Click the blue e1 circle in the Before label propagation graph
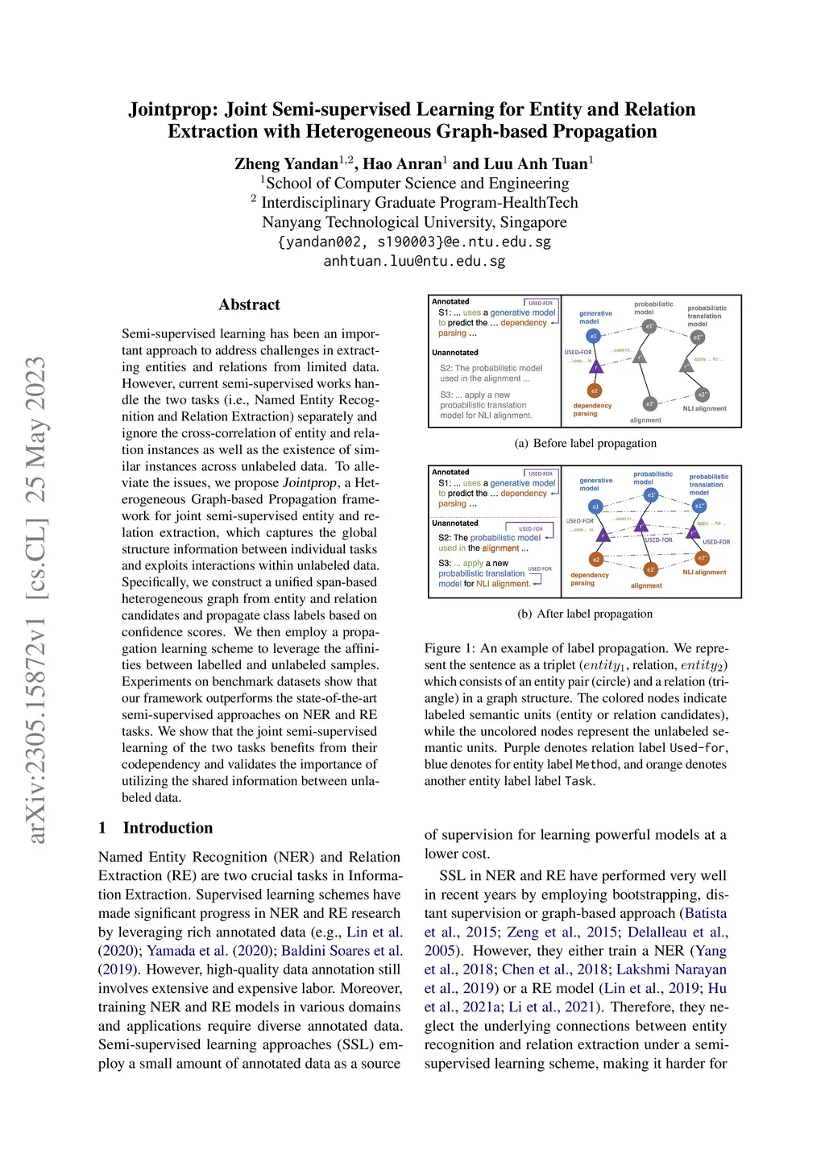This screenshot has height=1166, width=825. tap(593, 336)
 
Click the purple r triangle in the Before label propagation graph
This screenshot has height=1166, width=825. tap(596, 367)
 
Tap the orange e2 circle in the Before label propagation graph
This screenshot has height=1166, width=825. tap(594, 391)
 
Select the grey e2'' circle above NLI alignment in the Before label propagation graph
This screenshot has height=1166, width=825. tap(703, 395)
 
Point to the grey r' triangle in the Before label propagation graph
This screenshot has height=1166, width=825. tap(639, 356)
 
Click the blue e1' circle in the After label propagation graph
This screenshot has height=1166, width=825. tap(651, 494)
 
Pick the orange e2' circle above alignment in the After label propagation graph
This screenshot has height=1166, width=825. tap(650, 569)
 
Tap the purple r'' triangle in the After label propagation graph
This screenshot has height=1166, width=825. tap(694, 532)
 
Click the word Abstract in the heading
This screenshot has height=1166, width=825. tap(249, 304)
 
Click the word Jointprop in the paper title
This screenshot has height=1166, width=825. tap(172, 110)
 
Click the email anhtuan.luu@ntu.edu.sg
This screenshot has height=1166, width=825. tap(414, 261)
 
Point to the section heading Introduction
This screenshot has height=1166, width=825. tap(168, 828)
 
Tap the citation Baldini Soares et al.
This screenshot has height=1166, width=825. tap(342, 951)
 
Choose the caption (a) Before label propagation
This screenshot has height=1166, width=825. tap(585, 443)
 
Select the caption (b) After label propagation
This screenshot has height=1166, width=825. tap(585, 614)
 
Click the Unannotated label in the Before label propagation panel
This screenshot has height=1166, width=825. tap(455, 353)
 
